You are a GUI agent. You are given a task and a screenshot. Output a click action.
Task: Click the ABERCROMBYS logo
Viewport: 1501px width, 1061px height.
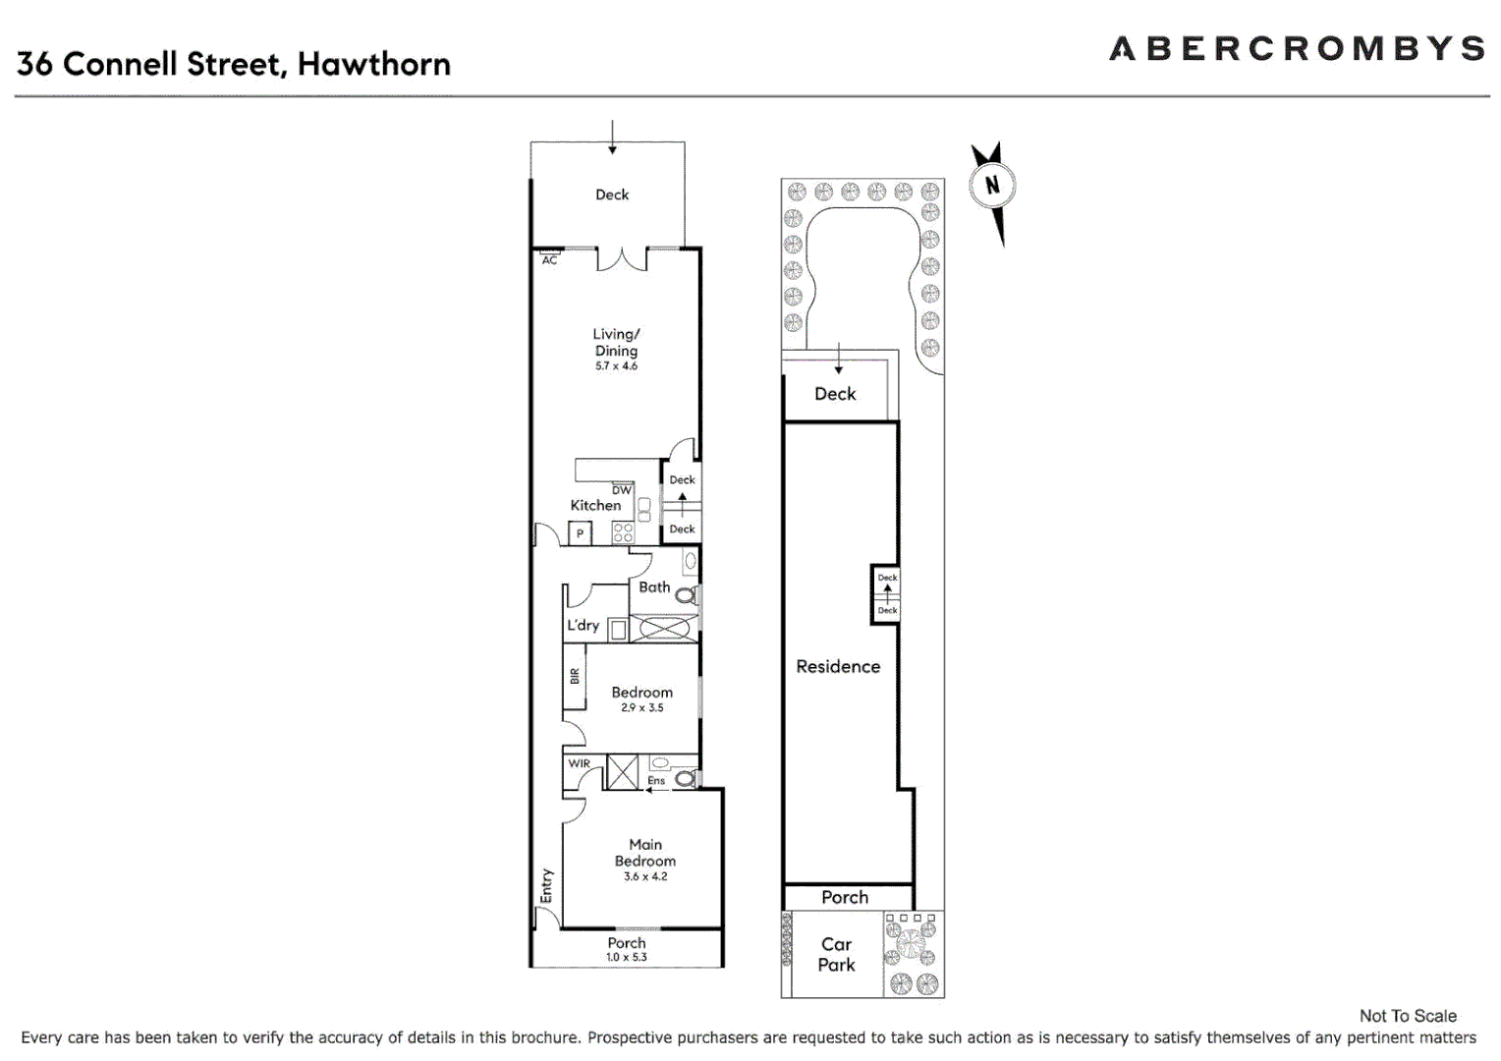[1296, 49]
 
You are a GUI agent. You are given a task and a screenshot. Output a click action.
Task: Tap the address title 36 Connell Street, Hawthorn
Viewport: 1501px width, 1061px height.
[234, 64]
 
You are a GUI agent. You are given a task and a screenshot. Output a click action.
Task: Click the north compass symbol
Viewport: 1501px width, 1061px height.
[992, 186]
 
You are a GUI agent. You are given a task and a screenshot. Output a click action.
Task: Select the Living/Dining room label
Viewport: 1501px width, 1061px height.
[616, 342]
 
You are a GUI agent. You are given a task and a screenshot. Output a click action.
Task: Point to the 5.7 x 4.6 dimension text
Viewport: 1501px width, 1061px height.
[616, 366]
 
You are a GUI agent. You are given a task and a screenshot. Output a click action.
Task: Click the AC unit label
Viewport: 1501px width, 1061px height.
[549, 260]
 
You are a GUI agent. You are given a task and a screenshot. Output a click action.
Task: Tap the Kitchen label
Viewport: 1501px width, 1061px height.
[595, 505]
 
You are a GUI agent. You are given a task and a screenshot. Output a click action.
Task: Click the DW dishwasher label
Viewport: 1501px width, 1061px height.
[622, 490]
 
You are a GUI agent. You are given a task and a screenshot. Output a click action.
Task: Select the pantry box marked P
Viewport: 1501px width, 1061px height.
[580, 533]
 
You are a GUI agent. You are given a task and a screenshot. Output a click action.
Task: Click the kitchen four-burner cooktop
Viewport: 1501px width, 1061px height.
[623, 532]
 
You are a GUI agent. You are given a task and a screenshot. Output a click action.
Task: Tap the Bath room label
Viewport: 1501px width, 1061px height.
[654, 586]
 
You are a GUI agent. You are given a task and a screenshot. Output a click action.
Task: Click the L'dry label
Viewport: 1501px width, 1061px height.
[583, 625]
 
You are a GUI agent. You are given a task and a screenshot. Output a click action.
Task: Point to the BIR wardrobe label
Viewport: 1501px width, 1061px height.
[575, 676]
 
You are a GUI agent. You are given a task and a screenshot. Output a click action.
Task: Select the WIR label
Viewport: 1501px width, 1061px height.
[580, 763]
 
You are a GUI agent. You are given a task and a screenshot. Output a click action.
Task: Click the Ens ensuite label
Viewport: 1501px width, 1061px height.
[656, 781]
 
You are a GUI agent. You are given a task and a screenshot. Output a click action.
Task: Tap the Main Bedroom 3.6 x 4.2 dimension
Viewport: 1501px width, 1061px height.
[645, 876]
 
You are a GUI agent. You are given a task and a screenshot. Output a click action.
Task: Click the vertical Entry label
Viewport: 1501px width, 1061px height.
[546, 885]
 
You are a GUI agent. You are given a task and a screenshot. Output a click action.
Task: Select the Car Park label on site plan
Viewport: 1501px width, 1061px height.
[836, 954]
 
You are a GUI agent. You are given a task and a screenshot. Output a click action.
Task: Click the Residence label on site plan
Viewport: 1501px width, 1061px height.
[838, 666]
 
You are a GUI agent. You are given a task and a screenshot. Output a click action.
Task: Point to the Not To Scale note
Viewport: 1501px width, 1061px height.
[1407, 1016]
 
